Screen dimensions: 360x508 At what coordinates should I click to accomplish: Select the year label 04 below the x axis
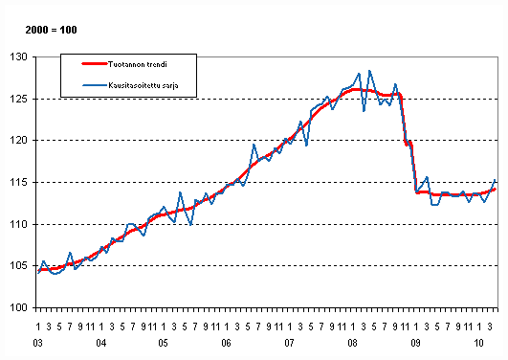pyautogui.click(x=101, y=342)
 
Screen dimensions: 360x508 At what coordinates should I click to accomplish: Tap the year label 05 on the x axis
pyautogui.click(x=164, y=342)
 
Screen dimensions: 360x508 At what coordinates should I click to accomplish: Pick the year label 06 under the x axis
pyautogui.click(x=226, y=342)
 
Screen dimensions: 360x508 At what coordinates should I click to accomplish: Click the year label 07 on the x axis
pyautogui.click(x=288, y=342)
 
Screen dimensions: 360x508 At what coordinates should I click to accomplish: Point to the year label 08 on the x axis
pyautogui.click(x=351, y=342)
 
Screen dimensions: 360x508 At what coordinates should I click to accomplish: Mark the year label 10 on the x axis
pyautogui.click(x=475, y=342)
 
